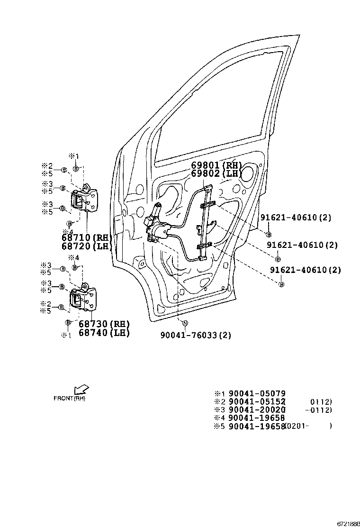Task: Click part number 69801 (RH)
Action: (216, 165)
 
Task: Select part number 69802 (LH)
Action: (216, 174)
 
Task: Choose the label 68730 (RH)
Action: (104, 324)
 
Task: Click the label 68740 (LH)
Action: (104, 333)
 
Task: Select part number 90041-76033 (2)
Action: (195, 336)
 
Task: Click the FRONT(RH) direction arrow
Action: (81, 390)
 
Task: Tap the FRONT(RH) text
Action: (70, 399)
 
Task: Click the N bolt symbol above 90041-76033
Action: (185, 323)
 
